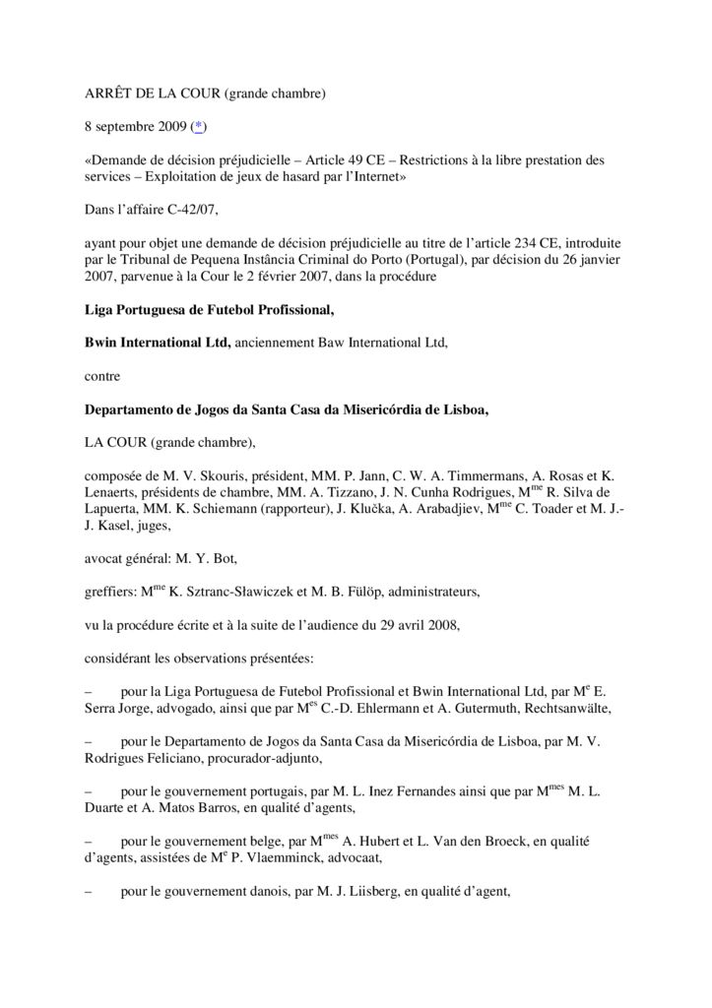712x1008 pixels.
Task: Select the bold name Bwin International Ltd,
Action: pyautogui.click(x=158, y=342)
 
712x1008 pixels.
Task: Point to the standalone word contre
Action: pyautogui.click(x=101, y=375)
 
